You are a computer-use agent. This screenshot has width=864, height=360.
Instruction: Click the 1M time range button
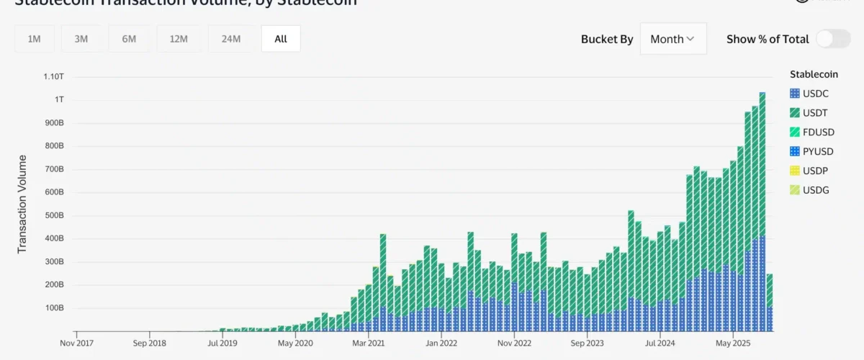[34, 39]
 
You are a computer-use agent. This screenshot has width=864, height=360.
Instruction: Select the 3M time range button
[81, 39]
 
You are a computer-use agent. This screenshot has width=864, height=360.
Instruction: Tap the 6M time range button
[129, 39]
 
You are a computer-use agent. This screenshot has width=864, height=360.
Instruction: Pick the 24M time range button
[231, 39]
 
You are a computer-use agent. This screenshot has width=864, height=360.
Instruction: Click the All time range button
[281, 39]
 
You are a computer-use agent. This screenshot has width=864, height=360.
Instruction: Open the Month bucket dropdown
[672, 39]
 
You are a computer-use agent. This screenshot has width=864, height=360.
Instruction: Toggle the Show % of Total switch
[833, 39]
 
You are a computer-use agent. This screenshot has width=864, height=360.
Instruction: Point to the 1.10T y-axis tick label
[54, 76]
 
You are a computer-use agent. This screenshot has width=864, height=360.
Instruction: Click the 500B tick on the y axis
[55, 215]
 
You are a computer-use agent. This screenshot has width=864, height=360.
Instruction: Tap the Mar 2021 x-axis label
[368, 343]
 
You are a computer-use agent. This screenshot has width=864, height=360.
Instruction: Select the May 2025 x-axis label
[732, 343]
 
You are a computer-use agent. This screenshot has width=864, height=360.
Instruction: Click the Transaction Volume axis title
[22, 204]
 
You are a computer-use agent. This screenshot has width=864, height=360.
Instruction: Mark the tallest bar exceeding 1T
[762, 209]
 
